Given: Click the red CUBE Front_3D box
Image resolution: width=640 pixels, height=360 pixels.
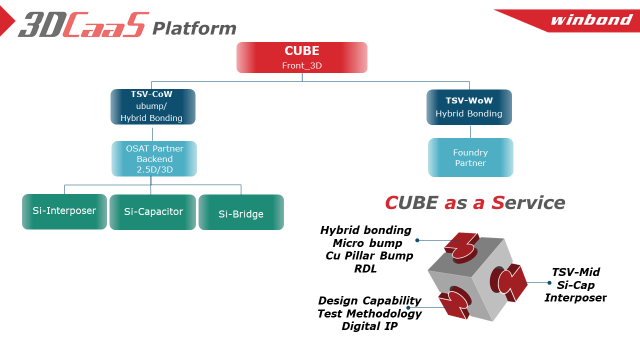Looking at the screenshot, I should (302, 57).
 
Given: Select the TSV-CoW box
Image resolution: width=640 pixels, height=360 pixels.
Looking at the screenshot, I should (152, 106).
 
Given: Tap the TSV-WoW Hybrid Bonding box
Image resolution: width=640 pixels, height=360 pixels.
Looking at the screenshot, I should (469, 107).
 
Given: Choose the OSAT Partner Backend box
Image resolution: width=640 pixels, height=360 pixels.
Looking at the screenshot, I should (154, 159).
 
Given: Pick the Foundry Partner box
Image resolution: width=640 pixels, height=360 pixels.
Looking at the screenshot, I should (470, 157).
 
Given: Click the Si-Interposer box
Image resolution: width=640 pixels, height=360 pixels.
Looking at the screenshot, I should (64, 211).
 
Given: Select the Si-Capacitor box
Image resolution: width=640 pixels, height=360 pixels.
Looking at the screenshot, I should (153, 212).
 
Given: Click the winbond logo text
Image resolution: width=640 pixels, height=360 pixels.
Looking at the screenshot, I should (591, 20).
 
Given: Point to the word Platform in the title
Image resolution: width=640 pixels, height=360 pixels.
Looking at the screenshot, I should (194, 28).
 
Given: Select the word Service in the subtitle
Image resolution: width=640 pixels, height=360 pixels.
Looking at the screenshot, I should (528, 202).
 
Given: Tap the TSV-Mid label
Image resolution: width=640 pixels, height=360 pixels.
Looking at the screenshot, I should (575, 272).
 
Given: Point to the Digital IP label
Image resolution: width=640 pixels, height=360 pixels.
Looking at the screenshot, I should (369, 326).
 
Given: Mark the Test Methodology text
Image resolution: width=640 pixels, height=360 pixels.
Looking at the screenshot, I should (369, 314).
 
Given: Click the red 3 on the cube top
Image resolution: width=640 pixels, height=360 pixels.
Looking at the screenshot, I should (463, 245).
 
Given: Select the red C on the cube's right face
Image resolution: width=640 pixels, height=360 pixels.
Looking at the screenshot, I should (510, 282).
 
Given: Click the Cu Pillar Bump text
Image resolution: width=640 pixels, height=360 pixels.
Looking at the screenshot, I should (369, 256).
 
